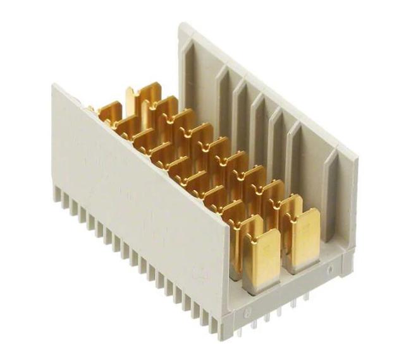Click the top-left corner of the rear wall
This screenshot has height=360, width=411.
[x=183, y=27]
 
